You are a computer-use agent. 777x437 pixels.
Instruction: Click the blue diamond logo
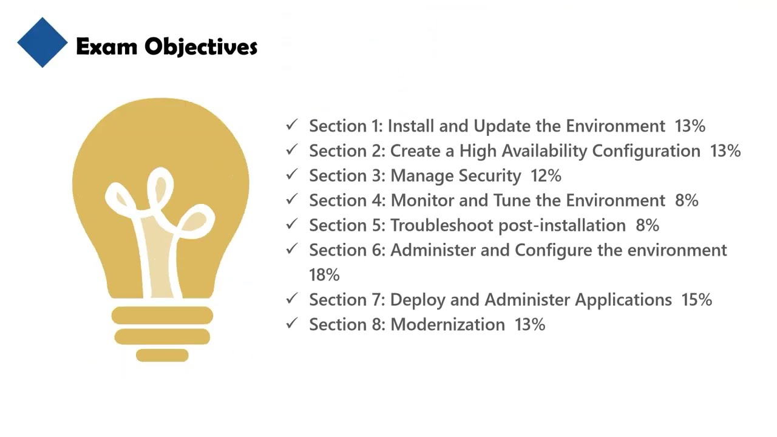[x=42, y=42]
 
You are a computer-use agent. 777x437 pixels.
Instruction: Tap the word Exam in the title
[x=106, y=47]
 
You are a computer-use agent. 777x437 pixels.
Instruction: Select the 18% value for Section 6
[x=324, y=275]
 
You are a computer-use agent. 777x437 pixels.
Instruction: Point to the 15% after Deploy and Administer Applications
[x=696, y=300]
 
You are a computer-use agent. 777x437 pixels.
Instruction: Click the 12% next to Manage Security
[x=546, y=176]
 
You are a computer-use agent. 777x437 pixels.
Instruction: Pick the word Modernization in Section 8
[x=447, y=325]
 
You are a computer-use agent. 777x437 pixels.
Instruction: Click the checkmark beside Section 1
[x=292, y=125]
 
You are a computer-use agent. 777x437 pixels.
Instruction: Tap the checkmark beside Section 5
[x=292, y=224]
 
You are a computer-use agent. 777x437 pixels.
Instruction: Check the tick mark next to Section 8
[x=292, y=324]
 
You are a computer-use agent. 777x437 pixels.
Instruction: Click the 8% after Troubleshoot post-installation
[x=647, y=226]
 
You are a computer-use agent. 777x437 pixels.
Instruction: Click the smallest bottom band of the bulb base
[x=162, y=355]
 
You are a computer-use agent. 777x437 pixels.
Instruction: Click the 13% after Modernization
[x=530, y=325]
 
